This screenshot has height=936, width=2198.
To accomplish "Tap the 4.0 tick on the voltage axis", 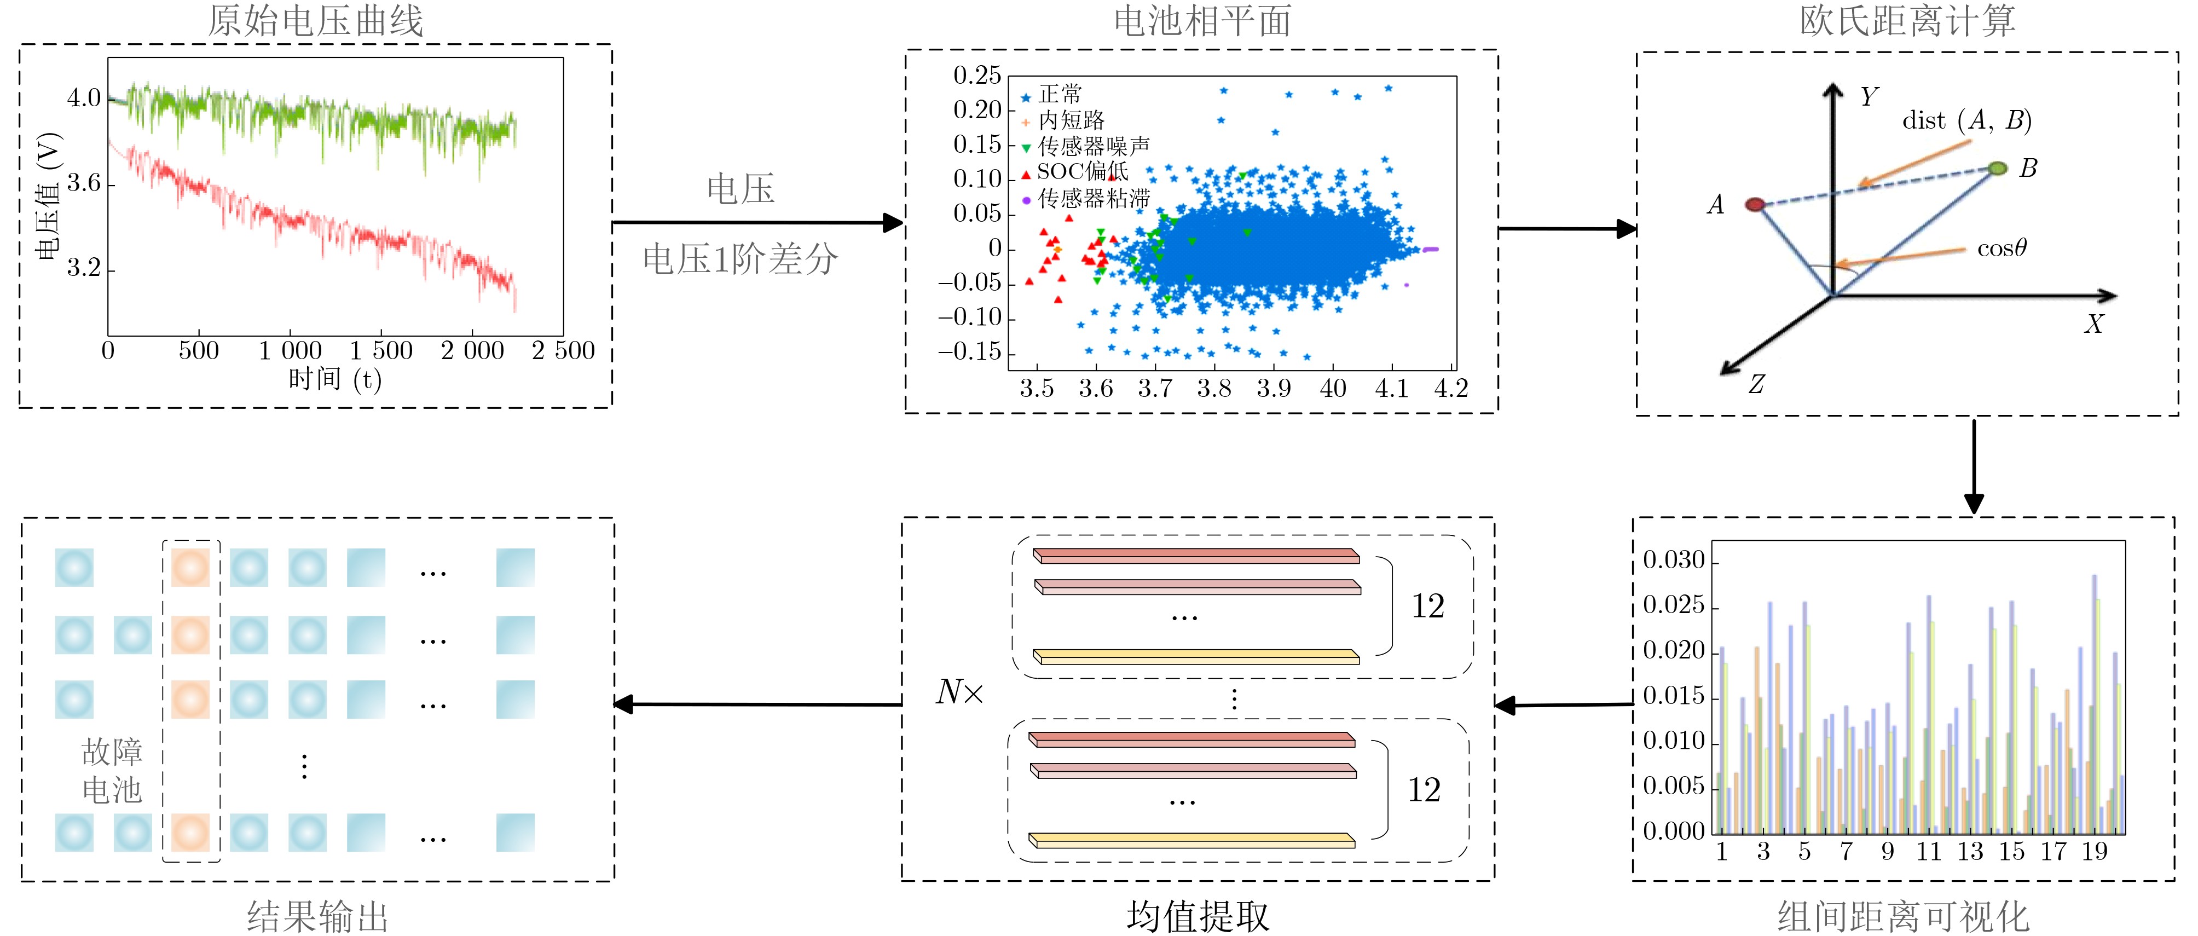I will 84,98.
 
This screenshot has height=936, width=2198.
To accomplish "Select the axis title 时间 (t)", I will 334,378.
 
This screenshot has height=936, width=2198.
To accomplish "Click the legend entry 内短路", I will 1072,120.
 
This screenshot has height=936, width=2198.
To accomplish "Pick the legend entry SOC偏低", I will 1082,171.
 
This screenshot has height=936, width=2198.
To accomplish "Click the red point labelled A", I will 1754,205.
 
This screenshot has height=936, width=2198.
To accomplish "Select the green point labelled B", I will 1998,168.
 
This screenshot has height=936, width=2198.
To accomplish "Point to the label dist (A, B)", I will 1967,120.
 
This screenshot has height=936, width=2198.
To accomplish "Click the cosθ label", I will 2002,249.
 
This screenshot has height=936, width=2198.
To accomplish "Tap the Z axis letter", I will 1756,384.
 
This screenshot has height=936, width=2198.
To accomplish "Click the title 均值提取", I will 1198,916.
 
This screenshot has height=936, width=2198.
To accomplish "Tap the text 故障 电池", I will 112,771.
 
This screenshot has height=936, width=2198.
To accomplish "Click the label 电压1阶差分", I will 740,258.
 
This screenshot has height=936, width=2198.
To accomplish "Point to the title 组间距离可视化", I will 1903,916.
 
